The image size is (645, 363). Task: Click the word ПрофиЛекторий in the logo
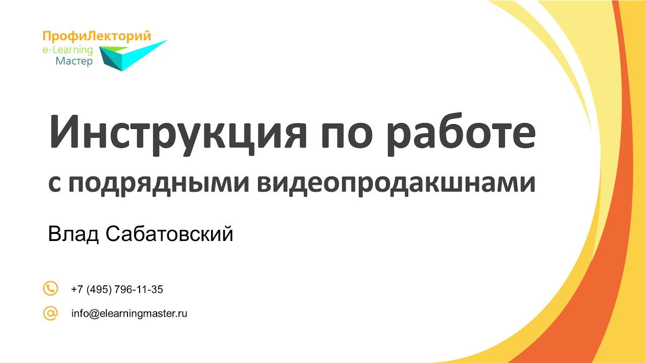pos(97,36)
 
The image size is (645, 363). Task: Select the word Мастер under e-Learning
pos(74,62)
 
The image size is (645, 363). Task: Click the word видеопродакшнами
pos(396,184)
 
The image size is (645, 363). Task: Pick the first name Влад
pos(73,234)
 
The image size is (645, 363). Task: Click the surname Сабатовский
pos(170,234)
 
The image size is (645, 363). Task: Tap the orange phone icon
pos(50,289)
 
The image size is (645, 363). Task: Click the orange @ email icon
pos(50,313)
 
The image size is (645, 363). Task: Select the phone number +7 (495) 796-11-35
pos(117,289)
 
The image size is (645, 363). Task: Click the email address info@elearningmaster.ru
pos(130,314)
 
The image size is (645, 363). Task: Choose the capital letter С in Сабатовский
pos(113,234)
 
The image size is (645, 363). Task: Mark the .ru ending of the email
pos(182,314)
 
